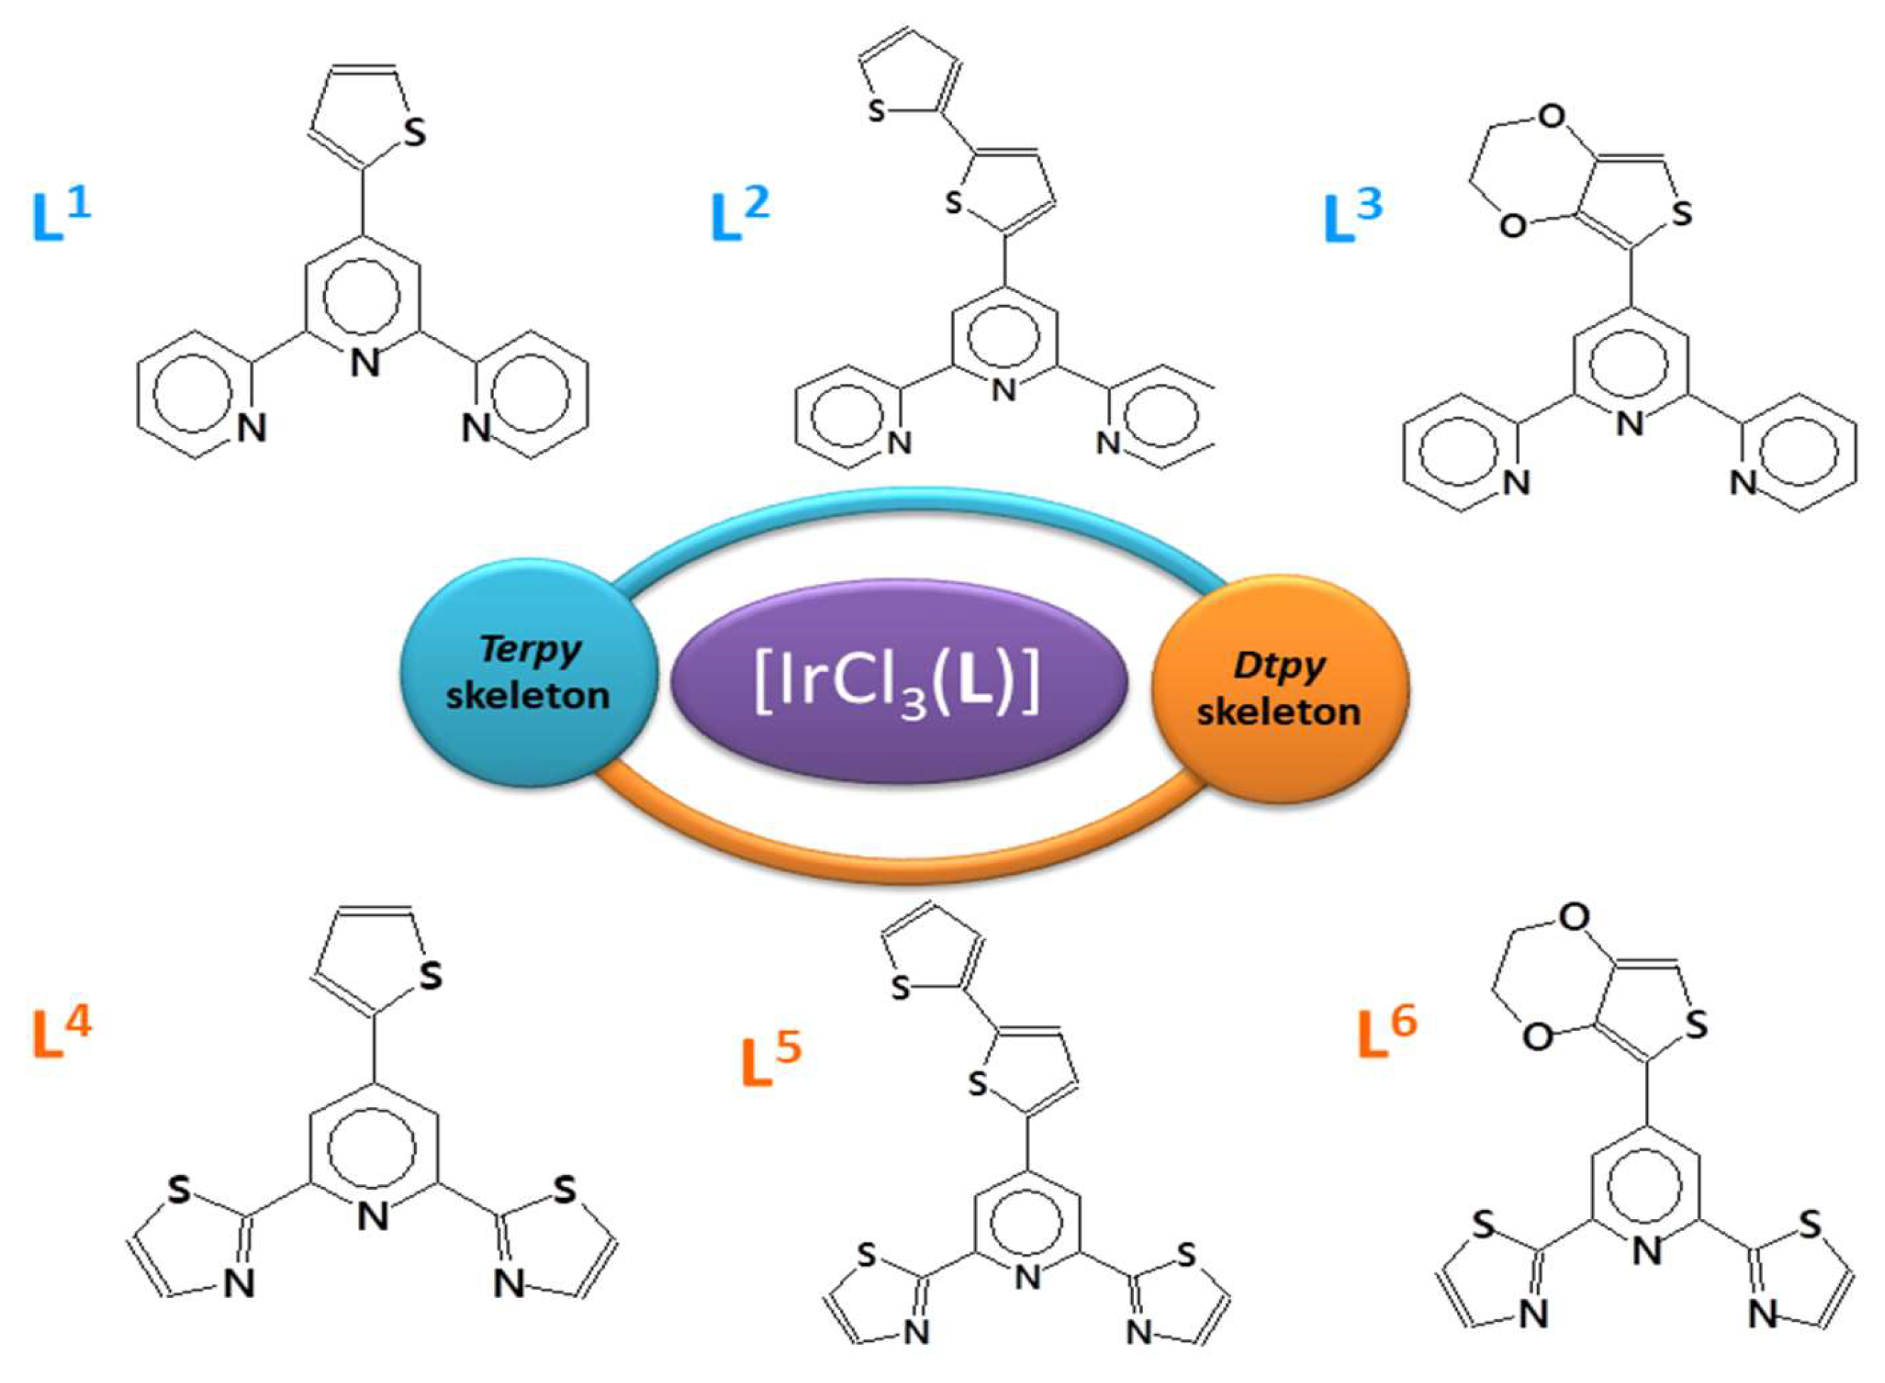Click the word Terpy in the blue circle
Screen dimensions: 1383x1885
tap(529, 650)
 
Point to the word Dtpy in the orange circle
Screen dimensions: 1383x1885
tap(1279, 666)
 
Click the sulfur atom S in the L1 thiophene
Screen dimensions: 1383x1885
tap(414, 134)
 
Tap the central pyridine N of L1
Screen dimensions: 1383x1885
tap(365, 363)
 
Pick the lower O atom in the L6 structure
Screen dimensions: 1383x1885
tap(1536, 1038)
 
